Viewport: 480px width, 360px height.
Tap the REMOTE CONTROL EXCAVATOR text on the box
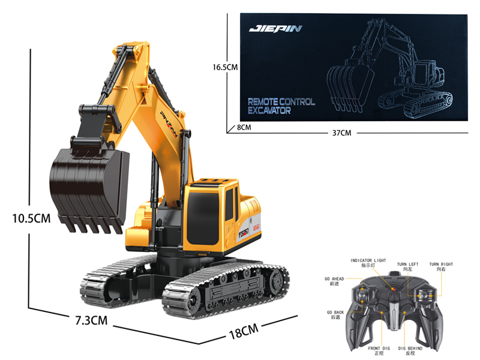point(281,106)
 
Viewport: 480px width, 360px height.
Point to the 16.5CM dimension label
point(225,68)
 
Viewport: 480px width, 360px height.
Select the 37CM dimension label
point(341,132)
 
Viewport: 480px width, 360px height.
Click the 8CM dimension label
point(243,127)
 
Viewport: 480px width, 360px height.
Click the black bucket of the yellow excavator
point(89,187)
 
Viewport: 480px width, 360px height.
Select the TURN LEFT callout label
point(407,267)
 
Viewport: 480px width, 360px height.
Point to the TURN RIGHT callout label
point(441,267)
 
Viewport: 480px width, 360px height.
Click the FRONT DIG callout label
point(379,350)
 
